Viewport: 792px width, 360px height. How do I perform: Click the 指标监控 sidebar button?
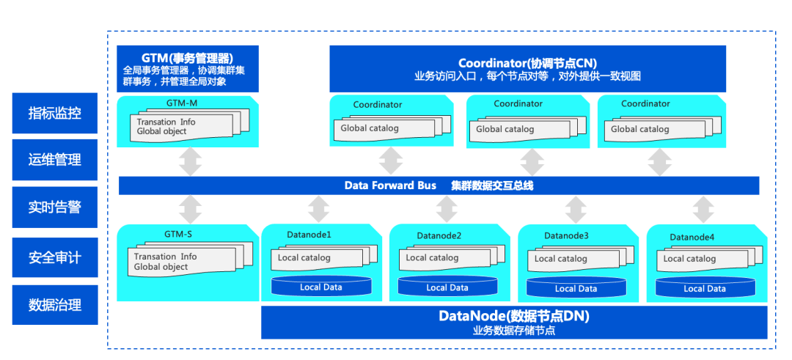tap(55, 113)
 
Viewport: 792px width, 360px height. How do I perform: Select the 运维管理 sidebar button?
tap(55, 160)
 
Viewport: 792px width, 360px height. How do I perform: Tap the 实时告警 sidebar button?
tap(55, 207)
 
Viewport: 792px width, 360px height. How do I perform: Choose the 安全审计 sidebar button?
tap(55, 257)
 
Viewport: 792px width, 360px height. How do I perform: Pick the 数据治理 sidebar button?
tap(55, 305)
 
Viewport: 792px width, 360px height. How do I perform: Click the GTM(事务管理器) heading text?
tap(187, 58)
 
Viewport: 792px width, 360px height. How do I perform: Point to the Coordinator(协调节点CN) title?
tap(527, 63)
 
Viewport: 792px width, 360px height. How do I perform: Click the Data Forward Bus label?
tap(390, 185)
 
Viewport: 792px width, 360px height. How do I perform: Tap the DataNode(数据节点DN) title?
tap(513, 317)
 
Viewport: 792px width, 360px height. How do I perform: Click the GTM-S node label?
tap(178, 235)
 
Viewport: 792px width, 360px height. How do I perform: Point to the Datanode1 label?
tap(309, 235)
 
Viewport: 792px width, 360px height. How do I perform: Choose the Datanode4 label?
tap(692, 237)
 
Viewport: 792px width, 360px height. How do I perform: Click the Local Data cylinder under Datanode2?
tap(447, 287)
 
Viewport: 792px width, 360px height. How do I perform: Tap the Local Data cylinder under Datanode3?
tap(576, 287)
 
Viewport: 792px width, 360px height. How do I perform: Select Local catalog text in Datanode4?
tap(689, 258)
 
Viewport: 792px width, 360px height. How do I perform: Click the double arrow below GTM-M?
tap(190, 161)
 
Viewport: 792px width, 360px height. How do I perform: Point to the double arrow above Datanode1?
tap(318, 209)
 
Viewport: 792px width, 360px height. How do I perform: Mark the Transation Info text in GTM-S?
tap(165, 257)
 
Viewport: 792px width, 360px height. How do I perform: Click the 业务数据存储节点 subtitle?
tap(513, 331)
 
